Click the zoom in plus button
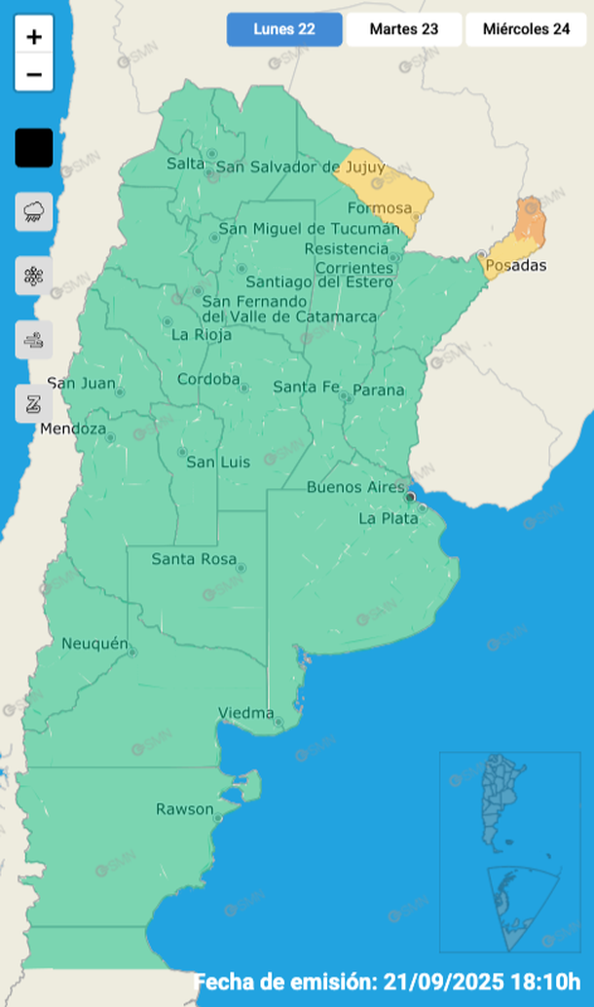(x=34, y=37)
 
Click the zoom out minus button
(x=34, y=74)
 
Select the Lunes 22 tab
(x=284, y=29)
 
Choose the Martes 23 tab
(x=403, y=29)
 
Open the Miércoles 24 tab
(x=526, y=29)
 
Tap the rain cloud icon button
(x=34, y=210)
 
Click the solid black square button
(x=34, y=148)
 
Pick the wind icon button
(x=34, y=340)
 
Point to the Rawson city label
(x=184, y=809)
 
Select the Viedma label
(x=245, y=713)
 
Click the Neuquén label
(x=94, y=644)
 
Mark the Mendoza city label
(x=73, y=429)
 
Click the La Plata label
(x=388, y=518)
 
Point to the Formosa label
(x=380, y=208)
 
